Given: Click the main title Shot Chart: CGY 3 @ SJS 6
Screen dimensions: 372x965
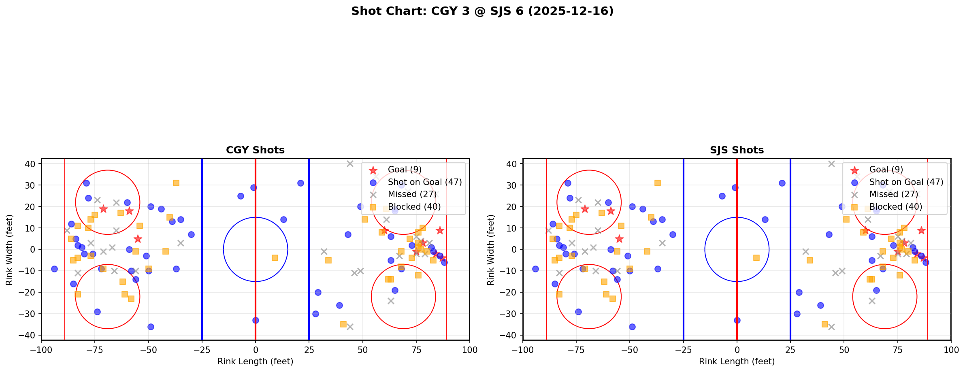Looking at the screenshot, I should coord(482,11).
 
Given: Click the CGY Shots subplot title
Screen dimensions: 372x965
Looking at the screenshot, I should coord(255,150).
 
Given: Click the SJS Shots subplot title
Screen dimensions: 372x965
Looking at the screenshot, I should coord(737,150).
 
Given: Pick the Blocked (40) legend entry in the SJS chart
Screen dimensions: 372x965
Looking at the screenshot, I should coord(895,207).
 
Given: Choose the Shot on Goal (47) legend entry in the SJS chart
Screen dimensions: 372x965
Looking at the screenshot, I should coord(906,182).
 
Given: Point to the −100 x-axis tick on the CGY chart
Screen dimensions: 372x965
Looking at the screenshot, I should coord(41,350).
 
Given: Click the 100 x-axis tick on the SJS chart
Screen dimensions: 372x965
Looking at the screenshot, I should coord(950,350).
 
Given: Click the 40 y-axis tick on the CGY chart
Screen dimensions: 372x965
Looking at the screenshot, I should coord(31,164).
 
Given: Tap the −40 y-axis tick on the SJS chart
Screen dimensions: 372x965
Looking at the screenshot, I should coord(511,335).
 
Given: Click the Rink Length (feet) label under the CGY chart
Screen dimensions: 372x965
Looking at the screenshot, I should coord(255,361).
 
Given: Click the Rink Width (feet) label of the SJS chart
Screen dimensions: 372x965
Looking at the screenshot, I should coord(491,250).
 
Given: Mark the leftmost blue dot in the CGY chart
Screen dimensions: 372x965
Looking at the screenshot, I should coord(54,269).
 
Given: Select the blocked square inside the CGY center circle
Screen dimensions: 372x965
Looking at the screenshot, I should coord(275,258).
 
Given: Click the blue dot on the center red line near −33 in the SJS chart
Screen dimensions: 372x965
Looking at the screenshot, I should coord(737,320).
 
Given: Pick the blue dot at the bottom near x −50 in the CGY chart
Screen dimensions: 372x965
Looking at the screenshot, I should coord(151,327).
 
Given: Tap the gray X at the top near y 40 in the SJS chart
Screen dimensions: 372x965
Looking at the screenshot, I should coord(831,164).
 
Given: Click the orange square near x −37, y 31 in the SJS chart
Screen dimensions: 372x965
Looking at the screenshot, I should coord(658,183).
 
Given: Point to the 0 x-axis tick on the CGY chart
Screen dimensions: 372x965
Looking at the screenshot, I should coord(256,350).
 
